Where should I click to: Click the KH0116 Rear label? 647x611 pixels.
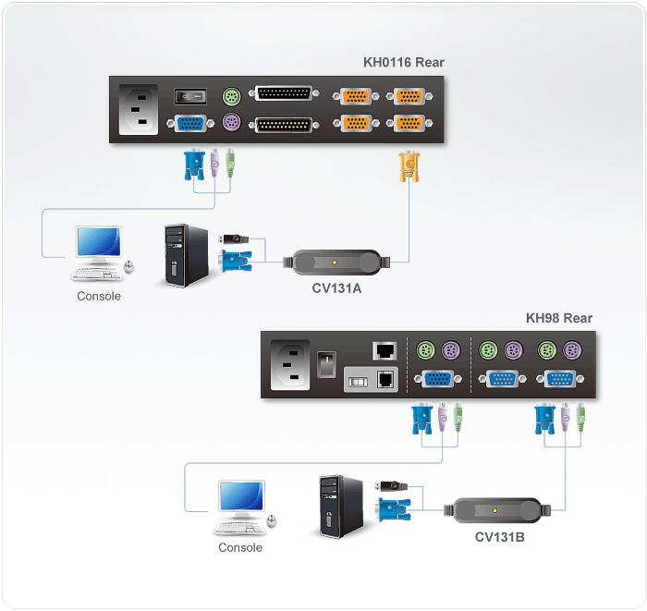(404, 62)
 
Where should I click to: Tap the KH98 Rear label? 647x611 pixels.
(559, 318)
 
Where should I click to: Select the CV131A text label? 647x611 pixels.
(336, 288)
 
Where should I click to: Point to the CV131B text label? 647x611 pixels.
(499, 537)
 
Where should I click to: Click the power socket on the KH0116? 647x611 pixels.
(139, 110)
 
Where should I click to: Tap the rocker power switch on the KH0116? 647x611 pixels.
(190, 96)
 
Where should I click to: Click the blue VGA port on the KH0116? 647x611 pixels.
(190, 123)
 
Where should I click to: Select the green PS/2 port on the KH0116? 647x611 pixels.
(231, 96)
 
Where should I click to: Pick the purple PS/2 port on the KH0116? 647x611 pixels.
(231, 123)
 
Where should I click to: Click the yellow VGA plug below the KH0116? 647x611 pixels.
(409, 166)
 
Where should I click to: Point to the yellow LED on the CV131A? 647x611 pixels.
(335, 263)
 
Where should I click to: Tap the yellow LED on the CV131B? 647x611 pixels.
(495, 511)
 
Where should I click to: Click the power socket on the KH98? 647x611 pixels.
(290, 365)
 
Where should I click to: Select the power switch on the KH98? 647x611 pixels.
(326, 364)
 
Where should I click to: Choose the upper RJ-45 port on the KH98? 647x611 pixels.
(385, 350)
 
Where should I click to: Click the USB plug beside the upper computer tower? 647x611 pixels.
(233, 238)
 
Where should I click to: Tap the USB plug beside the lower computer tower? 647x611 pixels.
(391, 486)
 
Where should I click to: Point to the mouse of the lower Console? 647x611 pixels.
(271, 520)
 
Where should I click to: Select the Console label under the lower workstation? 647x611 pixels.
(240, 547)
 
